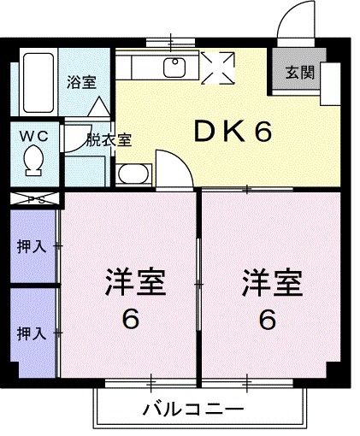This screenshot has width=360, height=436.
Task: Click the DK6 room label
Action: click(231, 132)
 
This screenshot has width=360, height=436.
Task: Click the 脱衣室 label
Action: click(109, 140)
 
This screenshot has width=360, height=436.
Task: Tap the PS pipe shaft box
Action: click(33, 200)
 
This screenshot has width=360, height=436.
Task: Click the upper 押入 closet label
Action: click(32, 248)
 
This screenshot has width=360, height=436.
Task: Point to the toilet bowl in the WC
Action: click(34, 160)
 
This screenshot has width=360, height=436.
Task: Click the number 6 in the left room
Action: click(130, 319)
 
